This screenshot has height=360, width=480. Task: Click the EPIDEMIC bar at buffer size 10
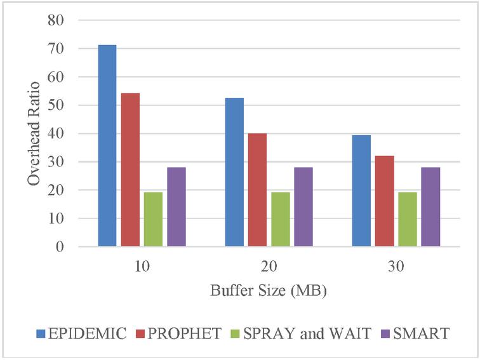[107, 145]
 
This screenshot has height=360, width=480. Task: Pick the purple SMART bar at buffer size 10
[176, 206]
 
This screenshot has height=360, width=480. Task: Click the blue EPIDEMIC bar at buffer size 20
[234, 172]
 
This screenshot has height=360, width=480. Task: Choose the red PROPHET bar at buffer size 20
[257, 190]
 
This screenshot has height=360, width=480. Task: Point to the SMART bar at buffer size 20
[303, 206]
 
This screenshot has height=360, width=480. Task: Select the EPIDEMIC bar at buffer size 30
[361, 190]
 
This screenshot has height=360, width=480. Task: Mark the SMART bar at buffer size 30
[430, 206]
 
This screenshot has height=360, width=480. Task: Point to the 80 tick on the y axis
[56, 20]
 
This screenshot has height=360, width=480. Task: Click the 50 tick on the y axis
[56, 105]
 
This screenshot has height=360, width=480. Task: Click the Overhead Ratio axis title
[33, 133]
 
